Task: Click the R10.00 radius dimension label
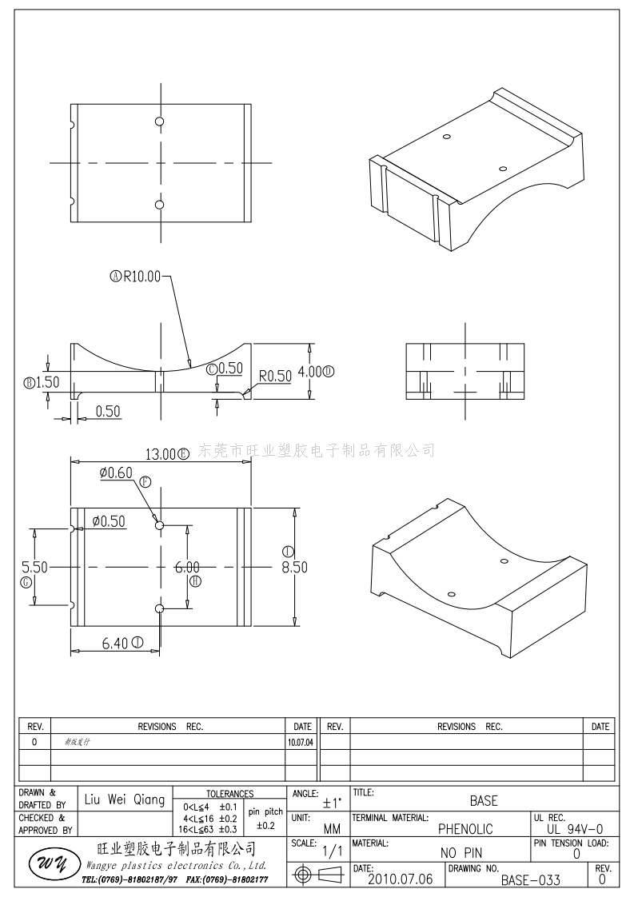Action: click(x=141, y=277)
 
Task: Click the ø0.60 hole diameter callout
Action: click(x=116, y=472)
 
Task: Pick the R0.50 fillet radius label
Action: click(x=274, y=376)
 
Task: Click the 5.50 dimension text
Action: click(x=34, y=567)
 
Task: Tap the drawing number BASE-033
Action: click(x=531, y=880)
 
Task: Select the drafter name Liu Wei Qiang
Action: click(x=125, y=799)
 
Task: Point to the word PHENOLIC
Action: click(x=465, y=829)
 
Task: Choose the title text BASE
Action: click(x=483, y=800)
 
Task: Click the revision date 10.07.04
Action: click(x=301, y=742)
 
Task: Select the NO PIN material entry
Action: click(x=461, y=854)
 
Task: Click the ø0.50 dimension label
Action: click(x=109, y=521)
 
